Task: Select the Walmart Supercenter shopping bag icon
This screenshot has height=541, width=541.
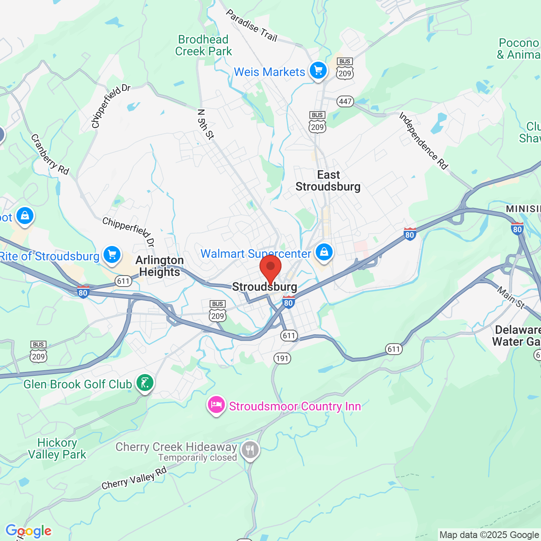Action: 324,252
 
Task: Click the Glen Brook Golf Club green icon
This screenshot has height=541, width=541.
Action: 145,383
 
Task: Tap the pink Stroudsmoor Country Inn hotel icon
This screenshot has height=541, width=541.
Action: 216,405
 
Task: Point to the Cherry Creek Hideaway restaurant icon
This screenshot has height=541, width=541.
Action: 250,450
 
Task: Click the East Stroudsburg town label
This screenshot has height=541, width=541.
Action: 328,181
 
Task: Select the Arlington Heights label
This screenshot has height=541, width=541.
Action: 160,266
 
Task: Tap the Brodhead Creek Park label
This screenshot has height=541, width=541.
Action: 203,45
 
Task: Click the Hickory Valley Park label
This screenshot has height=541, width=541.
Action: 57,448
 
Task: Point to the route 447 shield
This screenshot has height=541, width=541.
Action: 345,101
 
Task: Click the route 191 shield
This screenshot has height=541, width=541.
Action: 282,358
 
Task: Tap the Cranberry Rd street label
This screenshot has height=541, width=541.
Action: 50,154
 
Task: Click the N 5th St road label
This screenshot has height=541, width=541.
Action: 206,124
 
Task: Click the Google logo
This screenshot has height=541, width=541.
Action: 29,531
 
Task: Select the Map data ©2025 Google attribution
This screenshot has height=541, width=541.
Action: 489,535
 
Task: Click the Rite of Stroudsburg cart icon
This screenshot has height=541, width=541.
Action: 112,255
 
